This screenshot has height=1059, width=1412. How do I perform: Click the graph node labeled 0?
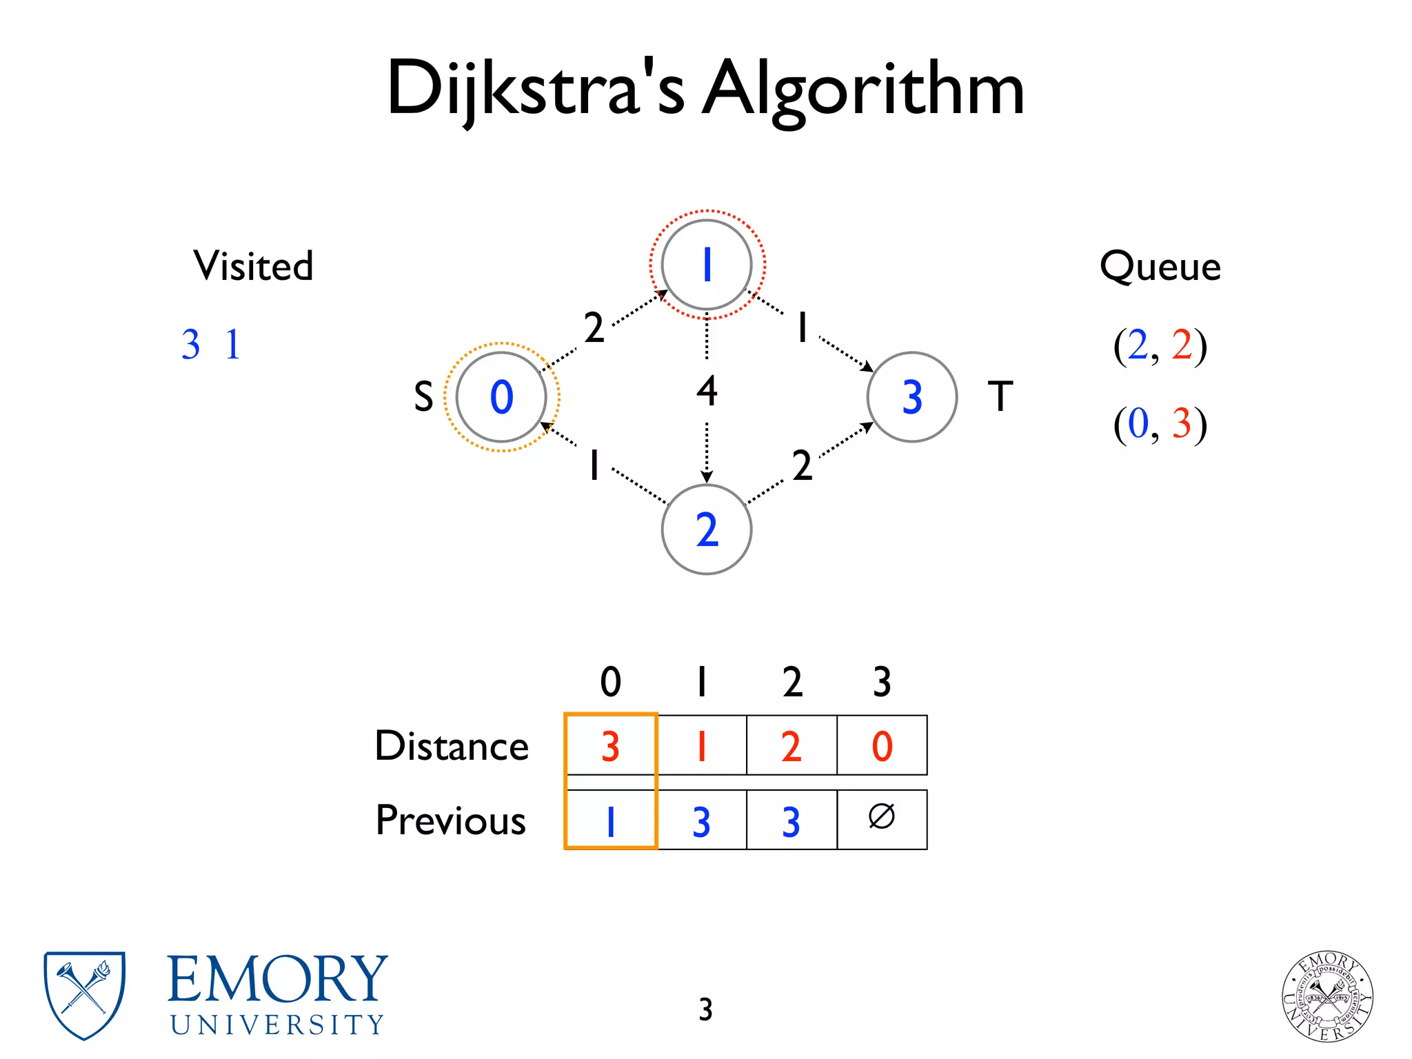point(501,397)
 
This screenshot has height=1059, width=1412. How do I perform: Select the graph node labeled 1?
point(706,265)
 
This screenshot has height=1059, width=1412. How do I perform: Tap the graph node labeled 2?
point(706,529)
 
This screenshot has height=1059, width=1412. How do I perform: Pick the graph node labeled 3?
point(911,397)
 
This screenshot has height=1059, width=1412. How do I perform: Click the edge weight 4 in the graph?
point(707,390)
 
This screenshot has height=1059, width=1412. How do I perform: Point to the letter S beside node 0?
point(423,397)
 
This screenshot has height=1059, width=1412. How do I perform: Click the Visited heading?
point(253,266)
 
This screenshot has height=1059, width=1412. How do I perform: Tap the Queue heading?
point(1160,266)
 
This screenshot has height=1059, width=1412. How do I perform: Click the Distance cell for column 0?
point(610,745)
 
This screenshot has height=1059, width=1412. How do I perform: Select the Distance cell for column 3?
point(882,745)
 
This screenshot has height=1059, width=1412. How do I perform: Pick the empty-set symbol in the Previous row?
point(881,817)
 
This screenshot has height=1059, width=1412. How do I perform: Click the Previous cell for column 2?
point(791,820)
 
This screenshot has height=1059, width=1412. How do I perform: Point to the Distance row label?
point(452,746)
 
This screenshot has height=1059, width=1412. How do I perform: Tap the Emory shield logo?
point(84,995)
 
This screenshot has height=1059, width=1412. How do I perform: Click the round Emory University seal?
point(1327,996)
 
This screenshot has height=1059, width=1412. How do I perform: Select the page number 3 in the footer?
point(705,1009)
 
